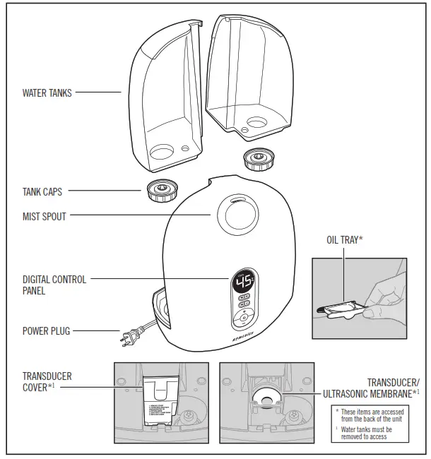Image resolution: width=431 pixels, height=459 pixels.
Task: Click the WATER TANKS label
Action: (47, 93)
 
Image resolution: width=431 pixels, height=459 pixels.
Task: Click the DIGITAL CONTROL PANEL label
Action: (54, 285)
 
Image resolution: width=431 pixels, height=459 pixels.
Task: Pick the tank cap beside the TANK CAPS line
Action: (162, 190)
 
